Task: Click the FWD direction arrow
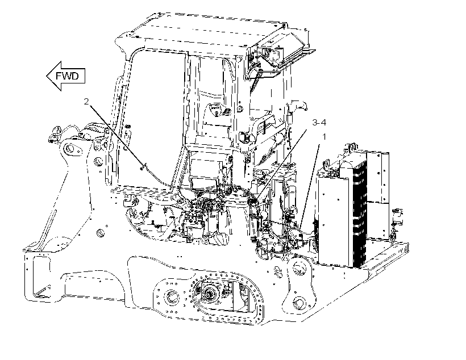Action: click(66, 76)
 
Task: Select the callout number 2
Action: click(86, 102)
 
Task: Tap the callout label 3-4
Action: click(319, 122)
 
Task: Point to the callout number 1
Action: click(324, 137)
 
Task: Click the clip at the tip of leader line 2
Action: click(143, 168)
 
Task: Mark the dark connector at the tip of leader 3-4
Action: click(251, 202)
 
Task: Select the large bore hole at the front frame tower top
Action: click(69, 148)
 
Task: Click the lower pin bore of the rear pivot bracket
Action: click(299, 303)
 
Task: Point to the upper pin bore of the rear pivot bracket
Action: click(299, 268)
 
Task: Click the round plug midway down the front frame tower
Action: click(101, 233)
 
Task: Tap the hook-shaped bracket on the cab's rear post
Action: click(299, 105)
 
